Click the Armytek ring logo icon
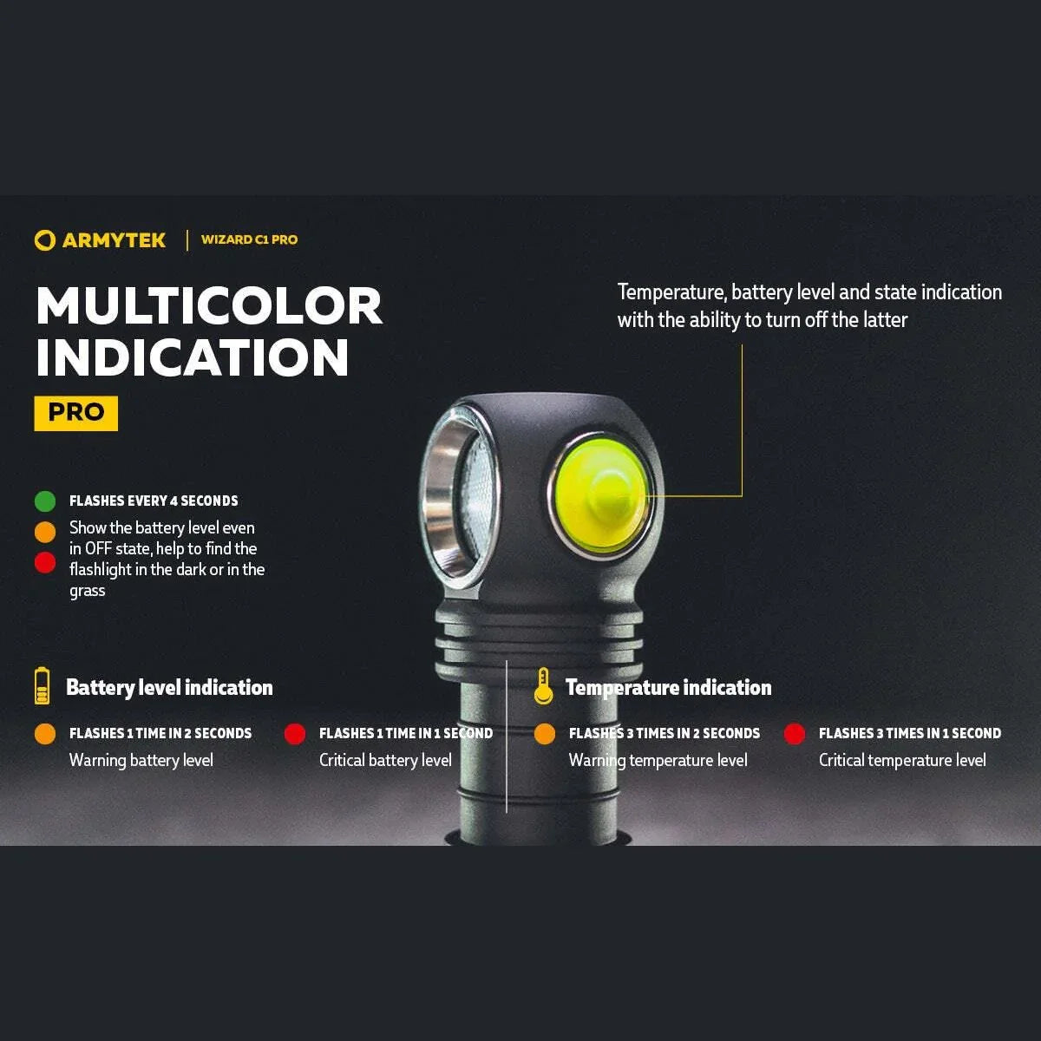point(44,240)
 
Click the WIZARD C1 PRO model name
point(249,239)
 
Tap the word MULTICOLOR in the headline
point(209,306)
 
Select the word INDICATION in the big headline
point(193,357)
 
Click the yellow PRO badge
point(76,413)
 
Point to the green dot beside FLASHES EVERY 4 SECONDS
point(45,501)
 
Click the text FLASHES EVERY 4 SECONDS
point(154,501)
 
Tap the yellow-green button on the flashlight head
point(600,494)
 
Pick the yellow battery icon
point(42,686)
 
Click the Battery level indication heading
point(169,688)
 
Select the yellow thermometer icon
point(543,686)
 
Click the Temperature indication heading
point(668,688)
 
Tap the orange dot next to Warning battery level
point(45,734)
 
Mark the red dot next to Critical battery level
point(295,734)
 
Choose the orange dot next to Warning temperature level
point(545,734)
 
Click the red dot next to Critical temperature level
point(795,734)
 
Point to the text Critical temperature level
point(902,761)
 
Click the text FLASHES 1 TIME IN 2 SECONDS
point(160,734)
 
